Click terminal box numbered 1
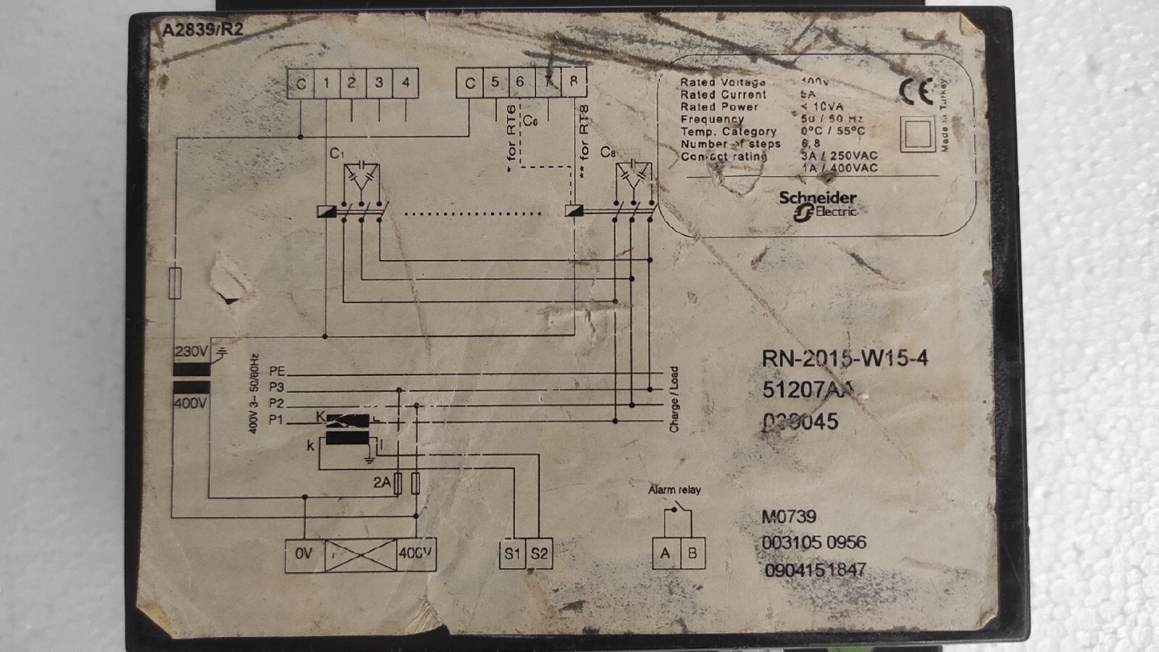(x=327, y=83)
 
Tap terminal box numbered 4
(x=406, y=83)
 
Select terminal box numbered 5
(x=495, y=83)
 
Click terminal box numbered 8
(x=573, y=82)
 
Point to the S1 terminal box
(x=512, y=554)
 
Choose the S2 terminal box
(x=539, y=554)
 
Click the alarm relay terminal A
(x=665, y=554)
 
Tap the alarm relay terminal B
(x=692, y=554)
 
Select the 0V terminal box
(x=304, y=554)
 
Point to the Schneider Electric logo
(x=817, y=204)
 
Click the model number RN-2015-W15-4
(x=845, y=358)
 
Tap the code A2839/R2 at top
(x=202, y=30)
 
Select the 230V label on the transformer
(x=191, y=352)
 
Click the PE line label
(x=277, y=372)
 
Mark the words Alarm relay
(x=674, y=490)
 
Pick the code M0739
(x=788, y=517)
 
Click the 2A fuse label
(x=382, y=482)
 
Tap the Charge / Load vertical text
(x=674, y=399)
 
